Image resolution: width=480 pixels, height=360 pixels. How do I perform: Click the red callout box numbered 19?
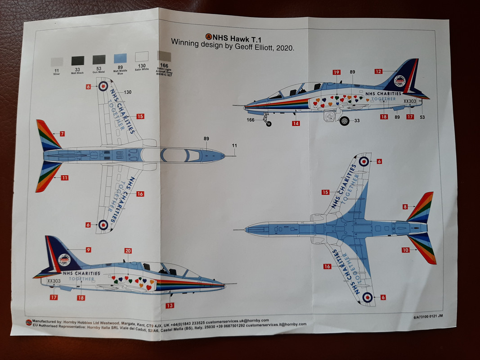(336, 72)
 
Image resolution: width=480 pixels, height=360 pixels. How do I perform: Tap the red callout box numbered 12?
(378, 71)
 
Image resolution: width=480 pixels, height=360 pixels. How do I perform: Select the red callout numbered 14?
(296, 123)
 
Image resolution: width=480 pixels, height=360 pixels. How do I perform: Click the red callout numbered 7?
(62, 134)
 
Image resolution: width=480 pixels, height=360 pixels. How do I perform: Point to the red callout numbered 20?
(128, 251)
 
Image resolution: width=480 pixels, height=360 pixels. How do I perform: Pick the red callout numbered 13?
(170, 306)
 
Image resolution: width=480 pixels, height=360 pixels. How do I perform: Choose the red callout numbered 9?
(88, 250)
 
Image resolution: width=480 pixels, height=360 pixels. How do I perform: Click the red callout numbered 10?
(406, 250)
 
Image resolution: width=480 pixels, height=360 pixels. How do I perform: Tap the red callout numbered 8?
(405, 207)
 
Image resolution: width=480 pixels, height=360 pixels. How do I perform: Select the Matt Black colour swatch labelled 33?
(78, 59)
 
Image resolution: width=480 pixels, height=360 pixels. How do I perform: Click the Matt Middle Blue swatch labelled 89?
(120, 58)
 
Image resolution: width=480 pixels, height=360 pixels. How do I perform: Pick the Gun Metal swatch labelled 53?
(99, 59)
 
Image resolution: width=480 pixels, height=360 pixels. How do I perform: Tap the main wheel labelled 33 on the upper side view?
(344, 121)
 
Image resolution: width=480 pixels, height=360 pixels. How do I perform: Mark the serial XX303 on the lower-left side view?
(54, 281)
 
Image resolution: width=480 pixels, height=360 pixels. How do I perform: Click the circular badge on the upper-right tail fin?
(399, 81)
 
